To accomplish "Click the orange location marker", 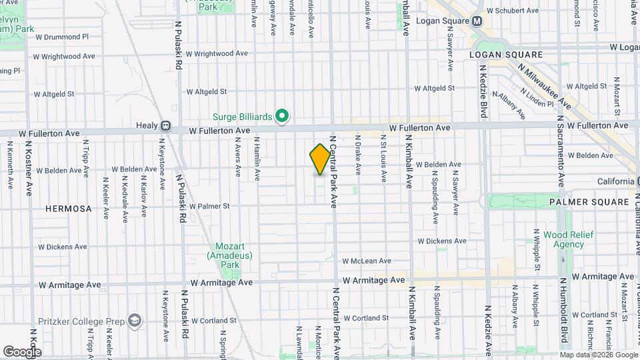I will pyautogui.click(x=320, y=159).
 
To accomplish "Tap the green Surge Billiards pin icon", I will pyautogui.click(x=282, y=117).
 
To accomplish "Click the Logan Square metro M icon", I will pyautogui.click(x=477, y=21).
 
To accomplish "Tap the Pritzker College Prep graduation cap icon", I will pyautogui.click(x=136, y=321).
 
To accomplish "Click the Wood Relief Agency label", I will pyautogui.click(x=563, y=239).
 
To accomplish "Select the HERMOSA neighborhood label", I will pyautogui.click(x=68, y=209).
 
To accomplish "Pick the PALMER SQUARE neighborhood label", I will pyautogui.click(x=589, y=201).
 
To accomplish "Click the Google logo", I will pyautogui.click(x=22, y=351).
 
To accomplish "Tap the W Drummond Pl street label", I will pyautogui.click(x=62, y=37).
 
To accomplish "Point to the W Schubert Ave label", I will pyautogui.click(x=512, y=11).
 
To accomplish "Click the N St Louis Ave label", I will pyautogui.click(x=383, y=157).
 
